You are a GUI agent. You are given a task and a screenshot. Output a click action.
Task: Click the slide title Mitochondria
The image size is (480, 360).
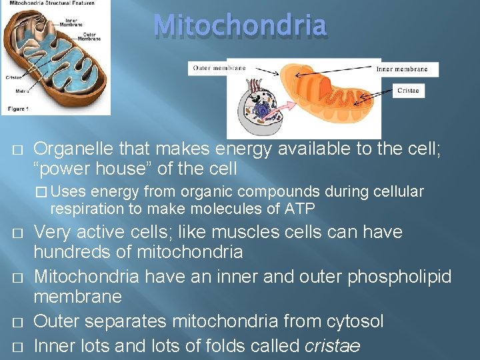pos(240,26)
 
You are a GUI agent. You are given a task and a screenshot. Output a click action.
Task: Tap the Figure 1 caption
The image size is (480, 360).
pos(18,109)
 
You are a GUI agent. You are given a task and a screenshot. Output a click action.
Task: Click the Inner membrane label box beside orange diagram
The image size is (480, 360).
pos(407,69)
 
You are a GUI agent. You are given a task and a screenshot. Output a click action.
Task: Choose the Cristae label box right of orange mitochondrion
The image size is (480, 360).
pos(408,91)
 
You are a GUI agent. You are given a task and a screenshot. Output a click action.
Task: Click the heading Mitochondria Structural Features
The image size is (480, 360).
pos(48,3)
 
